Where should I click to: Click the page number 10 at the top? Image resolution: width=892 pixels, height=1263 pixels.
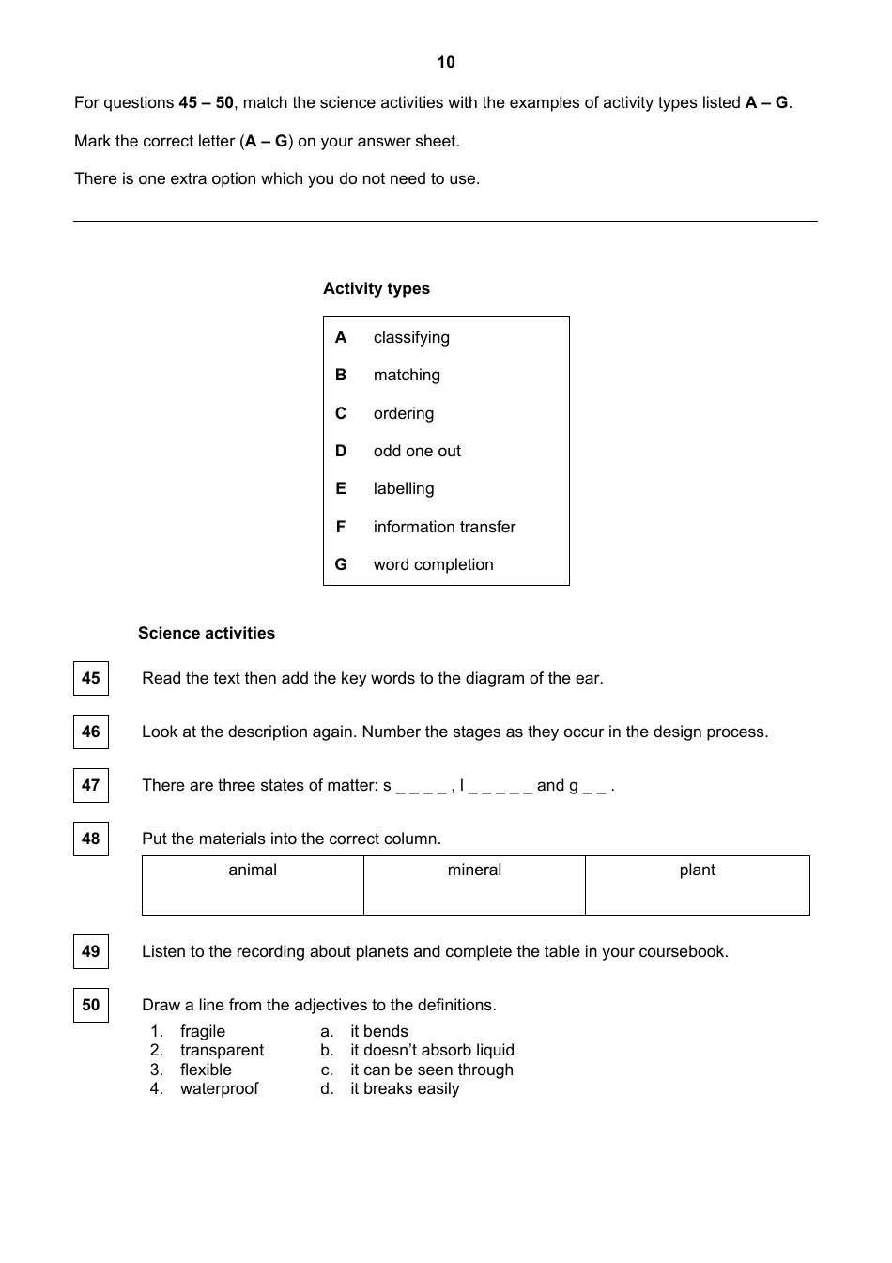446,62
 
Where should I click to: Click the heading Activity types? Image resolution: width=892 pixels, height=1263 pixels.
377,288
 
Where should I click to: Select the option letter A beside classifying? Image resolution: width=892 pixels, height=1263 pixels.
341,337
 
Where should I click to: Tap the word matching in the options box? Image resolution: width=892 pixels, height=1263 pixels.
407,375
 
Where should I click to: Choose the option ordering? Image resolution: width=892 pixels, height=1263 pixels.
404,413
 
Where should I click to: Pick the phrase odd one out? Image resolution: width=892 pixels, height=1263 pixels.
417,451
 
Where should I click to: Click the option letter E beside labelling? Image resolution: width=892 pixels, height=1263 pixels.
341,488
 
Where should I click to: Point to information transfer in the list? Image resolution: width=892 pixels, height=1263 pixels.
444,527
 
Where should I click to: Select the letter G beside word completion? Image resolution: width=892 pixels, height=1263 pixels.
341,564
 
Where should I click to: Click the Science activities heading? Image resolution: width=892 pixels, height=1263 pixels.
207,633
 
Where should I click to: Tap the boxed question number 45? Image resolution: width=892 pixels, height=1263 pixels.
91,678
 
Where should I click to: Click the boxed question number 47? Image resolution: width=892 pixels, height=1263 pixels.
91,785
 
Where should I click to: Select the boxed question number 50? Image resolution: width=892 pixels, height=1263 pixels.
91,1005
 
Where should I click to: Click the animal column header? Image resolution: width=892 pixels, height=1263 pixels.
253,870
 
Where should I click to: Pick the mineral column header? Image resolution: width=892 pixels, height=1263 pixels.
474,870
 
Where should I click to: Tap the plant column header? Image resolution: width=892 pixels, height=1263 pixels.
697,870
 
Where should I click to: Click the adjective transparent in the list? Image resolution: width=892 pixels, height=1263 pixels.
222,1050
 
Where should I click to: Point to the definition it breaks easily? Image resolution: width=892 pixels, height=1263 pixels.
405,1088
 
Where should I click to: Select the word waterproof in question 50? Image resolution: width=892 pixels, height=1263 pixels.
219,1088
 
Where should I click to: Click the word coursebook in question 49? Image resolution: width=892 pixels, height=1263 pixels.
683,951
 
